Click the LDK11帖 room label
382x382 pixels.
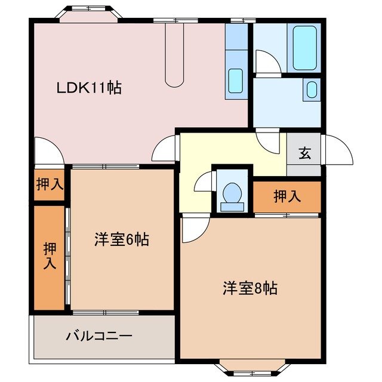pyautogui.click(x=90, y=88)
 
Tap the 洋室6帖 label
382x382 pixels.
pyautogui.click(x=121, y=240)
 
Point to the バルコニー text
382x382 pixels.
pyautogui.click(x=98, y=336)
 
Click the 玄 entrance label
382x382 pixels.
pyautogui.click(x=304, y=153)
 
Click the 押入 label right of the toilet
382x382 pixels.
pyautogui.click(x=288, y=196)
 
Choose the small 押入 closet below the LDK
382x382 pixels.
pyautogui.click(x=49, y=184)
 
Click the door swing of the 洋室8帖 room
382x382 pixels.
pyautogui.click(x=194, y=230)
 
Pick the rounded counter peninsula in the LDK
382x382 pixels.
pyautogui.click(x=175, y=60)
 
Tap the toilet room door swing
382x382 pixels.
pyautogui.click(x=203, y=182)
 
